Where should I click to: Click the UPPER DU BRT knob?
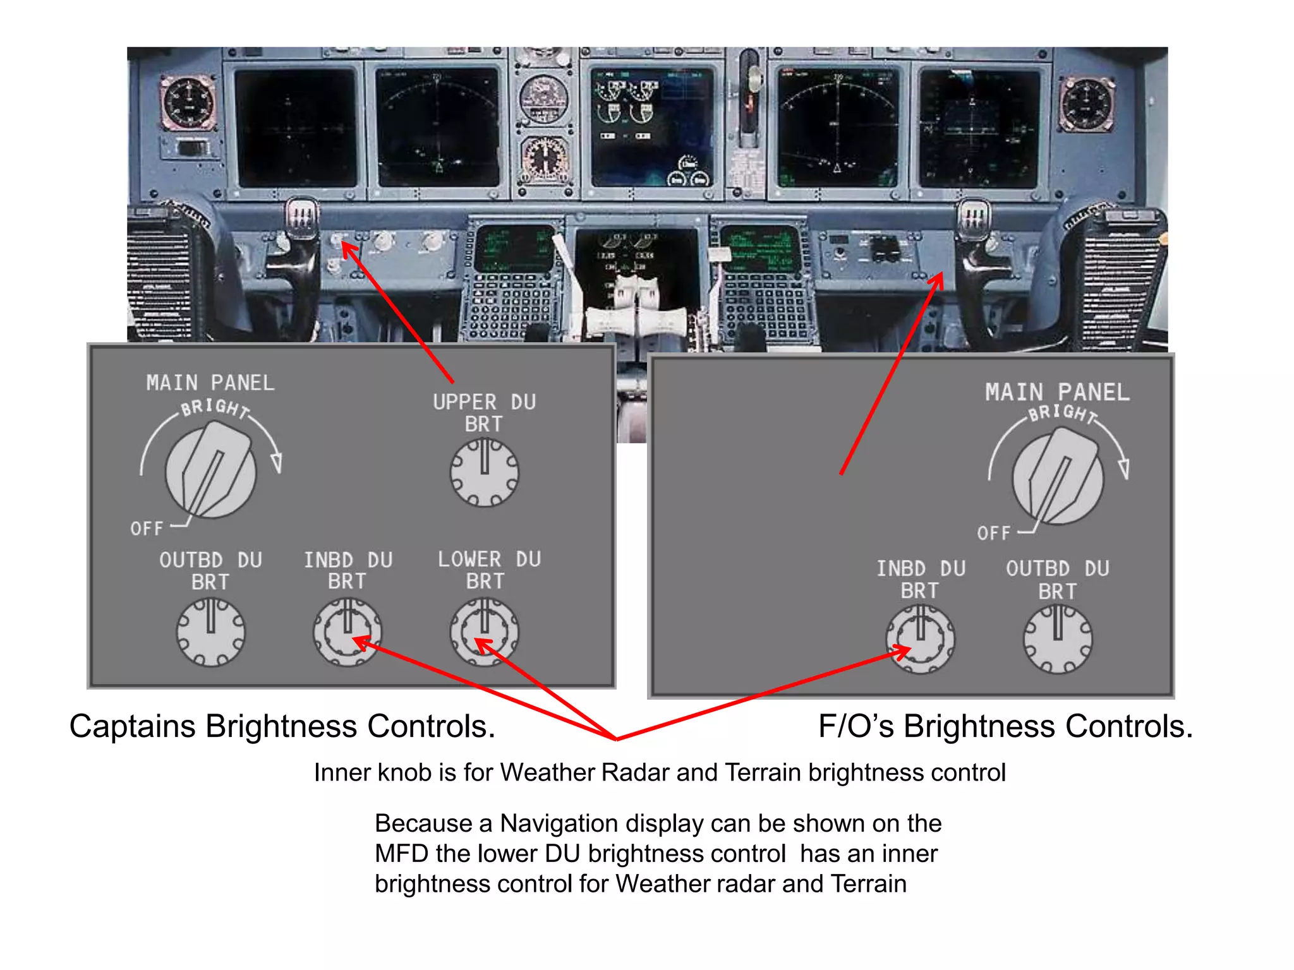click(x=484, y=472)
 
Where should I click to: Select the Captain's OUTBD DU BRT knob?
click(x=210, y=632)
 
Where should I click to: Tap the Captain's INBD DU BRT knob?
click(x=348, y=632)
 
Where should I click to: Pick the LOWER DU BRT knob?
click(x=484, y=632)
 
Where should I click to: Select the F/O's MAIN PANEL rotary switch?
click(x=1058, y=479)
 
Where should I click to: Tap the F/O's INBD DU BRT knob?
click(x=920, y=639)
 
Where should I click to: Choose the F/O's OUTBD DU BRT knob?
click(x=1058, y=639)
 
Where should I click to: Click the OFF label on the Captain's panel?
click(x=147, y=528)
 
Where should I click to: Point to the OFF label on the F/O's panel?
click(x=994, y=533)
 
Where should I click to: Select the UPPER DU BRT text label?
click(x=484, y=413)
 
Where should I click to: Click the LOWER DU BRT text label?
click(x=489, y=570)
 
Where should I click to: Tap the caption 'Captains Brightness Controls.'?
click(x=282, y=726)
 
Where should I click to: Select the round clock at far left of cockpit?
click(x=188, y=102)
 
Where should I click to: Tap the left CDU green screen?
click(x=513, y=248)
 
